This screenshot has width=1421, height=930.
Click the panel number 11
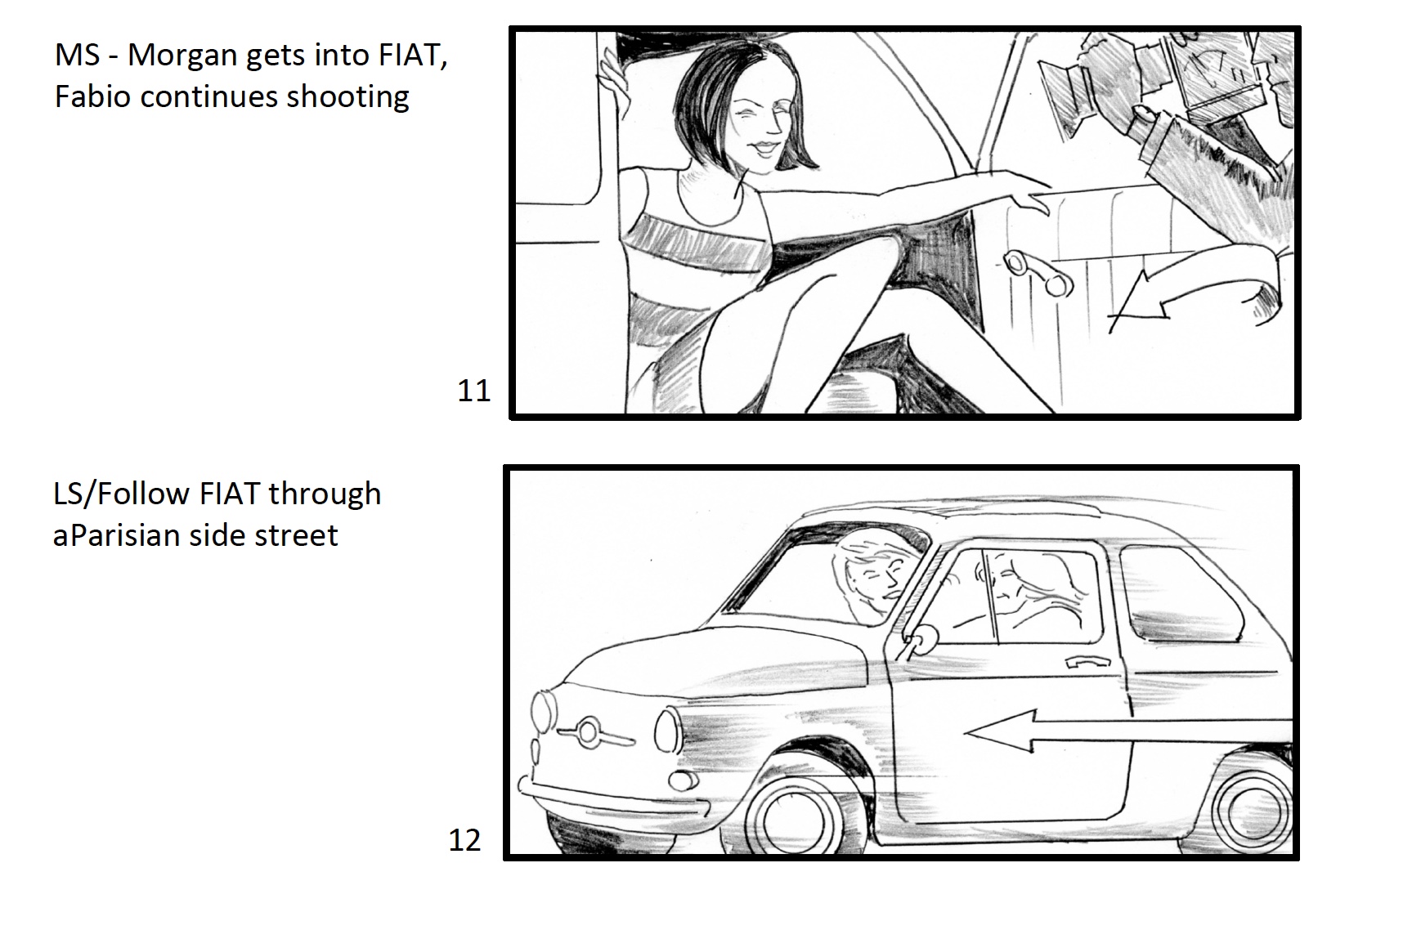pyautogui.click(x=473, y=391)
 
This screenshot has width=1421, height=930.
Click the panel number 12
pyautogui.click(x=464, y=840)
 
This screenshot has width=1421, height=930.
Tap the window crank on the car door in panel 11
pyautogui.click(x=1036, y=273)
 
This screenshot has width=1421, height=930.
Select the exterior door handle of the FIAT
pyautogui.click(x=1086, y=661)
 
